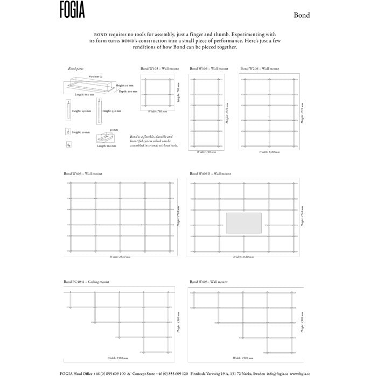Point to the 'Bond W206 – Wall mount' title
click(x=260, y=69)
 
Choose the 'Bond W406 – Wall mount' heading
click(x=82, y=174)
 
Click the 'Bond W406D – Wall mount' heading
click(x=211, y=174)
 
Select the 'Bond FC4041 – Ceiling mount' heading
click(x=86, y=282)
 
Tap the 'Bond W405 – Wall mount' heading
click(x=208, y=282)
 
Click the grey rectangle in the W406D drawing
click(x=243, y=224)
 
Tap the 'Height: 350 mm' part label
click(x=114, y=111)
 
